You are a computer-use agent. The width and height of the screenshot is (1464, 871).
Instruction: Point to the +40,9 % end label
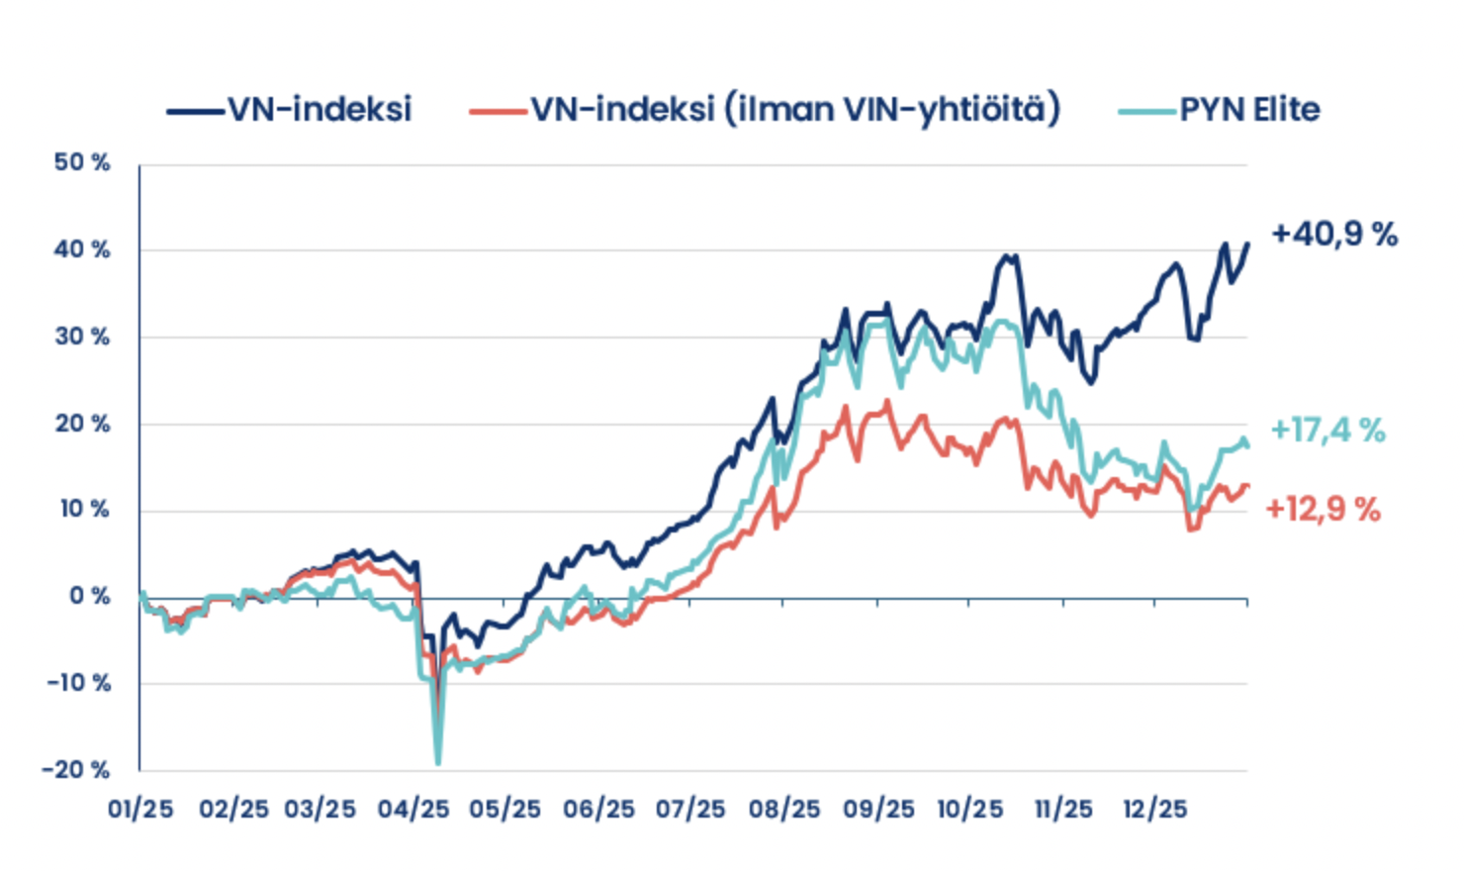point(1334,235)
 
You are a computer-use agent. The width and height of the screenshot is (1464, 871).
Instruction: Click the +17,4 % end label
point(1327,430)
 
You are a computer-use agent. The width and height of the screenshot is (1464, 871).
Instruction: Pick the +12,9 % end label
point(1323,509)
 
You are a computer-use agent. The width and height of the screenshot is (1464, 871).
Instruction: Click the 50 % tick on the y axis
point(82,162)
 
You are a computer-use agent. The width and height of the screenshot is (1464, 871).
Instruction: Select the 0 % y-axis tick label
point(89,596)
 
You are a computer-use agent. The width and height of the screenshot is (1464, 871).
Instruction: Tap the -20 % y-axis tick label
point(76,769)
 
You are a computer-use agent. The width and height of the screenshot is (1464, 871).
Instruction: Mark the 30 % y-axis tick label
point(82,337)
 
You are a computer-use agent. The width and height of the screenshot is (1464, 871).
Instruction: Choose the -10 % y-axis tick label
point(78,683)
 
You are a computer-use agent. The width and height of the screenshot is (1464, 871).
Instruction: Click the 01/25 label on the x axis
point(140,809)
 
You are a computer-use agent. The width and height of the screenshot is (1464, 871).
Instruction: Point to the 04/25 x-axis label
point(413,809)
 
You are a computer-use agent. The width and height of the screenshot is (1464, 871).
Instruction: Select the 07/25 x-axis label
point(690,809)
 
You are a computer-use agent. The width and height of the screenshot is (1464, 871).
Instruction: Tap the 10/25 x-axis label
point(969,809)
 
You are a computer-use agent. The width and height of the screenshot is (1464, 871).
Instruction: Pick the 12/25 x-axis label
point(1154,809)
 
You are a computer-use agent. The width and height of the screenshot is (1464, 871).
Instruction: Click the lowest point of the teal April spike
point(437,763)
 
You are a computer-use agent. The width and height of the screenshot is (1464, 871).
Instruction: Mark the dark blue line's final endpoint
point(1247,242)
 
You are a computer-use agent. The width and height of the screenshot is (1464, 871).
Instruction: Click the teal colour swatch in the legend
point(1146,111)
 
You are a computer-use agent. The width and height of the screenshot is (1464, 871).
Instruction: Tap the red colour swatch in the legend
point(498,111)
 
